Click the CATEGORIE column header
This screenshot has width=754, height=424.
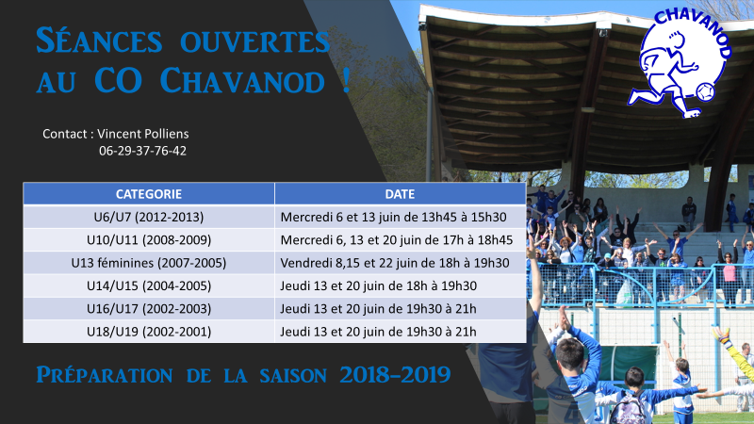(x=149, y=194)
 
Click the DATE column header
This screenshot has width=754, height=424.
(x=400, y=194)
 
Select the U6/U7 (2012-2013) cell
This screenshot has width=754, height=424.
(x=149, y=217)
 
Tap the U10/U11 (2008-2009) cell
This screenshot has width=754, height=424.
(x=149, y=240)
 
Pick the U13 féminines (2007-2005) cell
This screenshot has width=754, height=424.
(x=149, y=263)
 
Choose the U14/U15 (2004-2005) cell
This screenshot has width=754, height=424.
(x=149, y=286)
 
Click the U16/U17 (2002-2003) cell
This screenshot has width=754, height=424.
(x=149, y=309)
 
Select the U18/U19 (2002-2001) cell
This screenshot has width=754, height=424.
(x=149, y=332)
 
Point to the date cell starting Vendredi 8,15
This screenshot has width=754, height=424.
(x=400, y=263)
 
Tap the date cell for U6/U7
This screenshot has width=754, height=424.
(x=400, y=217)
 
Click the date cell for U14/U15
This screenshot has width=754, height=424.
(x=400, y=286)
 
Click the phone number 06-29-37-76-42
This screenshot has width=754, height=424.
(x=143, y=151)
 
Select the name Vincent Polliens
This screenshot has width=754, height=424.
(x=143, y=134)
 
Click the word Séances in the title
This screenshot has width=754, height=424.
(x=100, y=41)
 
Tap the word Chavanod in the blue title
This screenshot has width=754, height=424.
(x=242, y=80)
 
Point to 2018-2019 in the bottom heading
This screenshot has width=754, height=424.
(x=395, y=375)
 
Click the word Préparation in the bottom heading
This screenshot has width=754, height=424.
(x=105, y=375)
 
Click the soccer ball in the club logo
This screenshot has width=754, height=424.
(x=705, y=92)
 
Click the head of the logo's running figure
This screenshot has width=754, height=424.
(x=676, y=41)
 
